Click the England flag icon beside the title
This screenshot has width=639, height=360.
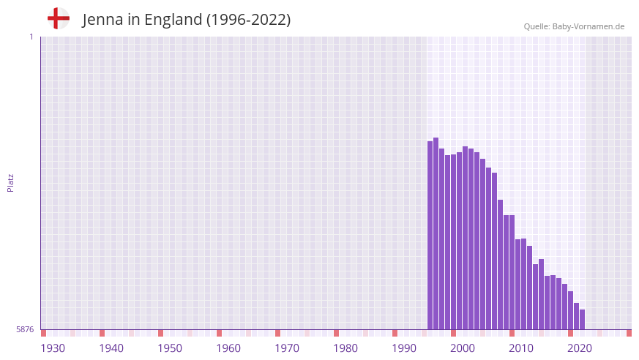click(x=59, y=18)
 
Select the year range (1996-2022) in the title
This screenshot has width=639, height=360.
click(x=248, y=20)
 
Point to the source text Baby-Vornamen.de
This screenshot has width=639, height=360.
click(x=588, y=26)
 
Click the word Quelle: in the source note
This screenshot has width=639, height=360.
click(x=537, y=26)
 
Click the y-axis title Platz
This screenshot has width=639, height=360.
click(x=10, y=182)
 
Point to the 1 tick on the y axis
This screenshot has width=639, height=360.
click(x=31, y=37)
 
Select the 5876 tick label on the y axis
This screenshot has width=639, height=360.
click(x=25, y=330)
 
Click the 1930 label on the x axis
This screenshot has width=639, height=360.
click(x=53, y=348)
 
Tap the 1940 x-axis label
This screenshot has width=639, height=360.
click(x=111, y=348)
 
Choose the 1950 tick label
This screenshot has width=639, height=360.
click(x=170, y=348)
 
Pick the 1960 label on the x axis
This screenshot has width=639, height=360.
click(x=228, y=348)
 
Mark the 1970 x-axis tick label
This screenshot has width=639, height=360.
click(x=287, y=348)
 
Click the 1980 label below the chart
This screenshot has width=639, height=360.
click(x=345, y=348)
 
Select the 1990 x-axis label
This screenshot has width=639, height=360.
click(x=404, y=348)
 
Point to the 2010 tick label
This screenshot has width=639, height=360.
click(x=521, y=348)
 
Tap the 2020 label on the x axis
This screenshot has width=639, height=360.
click(x=580, y=348)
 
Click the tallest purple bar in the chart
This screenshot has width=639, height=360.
click(x=436, y=234)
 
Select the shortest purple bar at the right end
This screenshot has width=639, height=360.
click(x=582, y=320)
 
